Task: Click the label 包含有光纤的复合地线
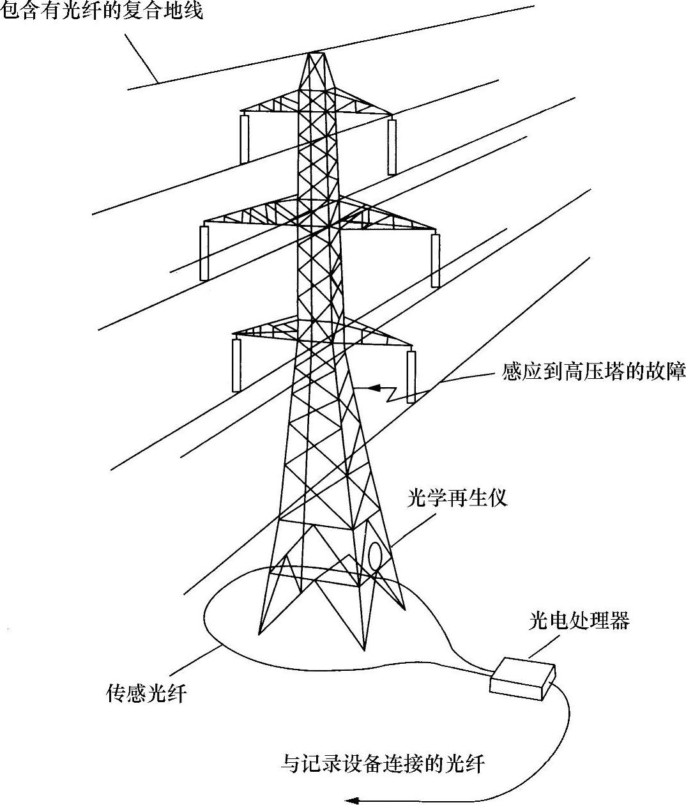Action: pos(102,10)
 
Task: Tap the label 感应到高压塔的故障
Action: pos(594,372)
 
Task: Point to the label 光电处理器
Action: pos(579,620)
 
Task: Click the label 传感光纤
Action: pos(146,693)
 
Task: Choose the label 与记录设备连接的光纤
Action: pos(383,763)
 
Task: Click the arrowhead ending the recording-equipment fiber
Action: pos(351,799)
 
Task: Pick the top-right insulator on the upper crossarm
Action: pos(392,146)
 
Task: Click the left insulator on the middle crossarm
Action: pos(204,253)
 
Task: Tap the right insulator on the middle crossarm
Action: pos(436,260)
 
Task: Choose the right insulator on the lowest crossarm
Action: pos(411,376)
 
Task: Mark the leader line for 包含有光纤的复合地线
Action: pos(142,59)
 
